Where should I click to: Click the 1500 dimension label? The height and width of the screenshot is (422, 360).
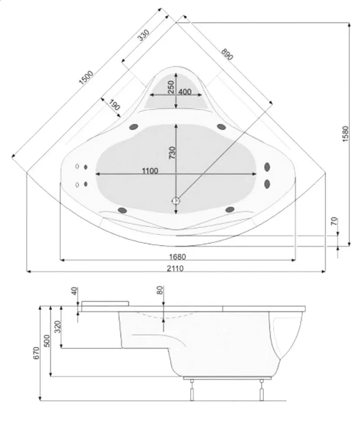(86, 77)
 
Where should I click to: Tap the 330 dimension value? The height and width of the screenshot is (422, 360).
(143, 35)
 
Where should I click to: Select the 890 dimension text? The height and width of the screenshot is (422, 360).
(227, 54)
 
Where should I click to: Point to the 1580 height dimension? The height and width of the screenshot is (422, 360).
(346, 134)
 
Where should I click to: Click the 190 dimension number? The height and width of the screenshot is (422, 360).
(114, 105)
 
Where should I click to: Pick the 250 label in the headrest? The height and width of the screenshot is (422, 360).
(171, 87)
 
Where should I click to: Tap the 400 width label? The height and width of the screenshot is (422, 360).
(185, 92)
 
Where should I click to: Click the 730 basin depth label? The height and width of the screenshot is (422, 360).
(172, 153)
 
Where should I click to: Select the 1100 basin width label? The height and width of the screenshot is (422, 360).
(150, 171)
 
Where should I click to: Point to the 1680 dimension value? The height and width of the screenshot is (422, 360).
(177, 257)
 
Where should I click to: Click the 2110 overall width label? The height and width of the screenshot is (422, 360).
(175, 268)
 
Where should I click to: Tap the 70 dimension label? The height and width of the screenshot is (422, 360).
(334, 221)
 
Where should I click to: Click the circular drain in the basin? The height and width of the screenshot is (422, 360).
(176, 201)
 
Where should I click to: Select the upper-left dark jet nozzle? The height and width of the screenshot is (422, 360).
(134, 127)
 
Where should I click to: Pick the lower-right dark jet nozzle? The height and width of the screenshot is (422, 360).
(229, 209)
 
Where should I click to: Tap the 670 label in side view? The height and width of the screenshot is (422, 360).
(36, 353)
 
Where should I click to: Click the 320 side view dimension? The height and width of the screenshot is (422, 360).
(58, 327)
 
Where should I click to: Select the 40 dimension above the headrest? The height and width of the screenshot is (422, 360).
(75, 291)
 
